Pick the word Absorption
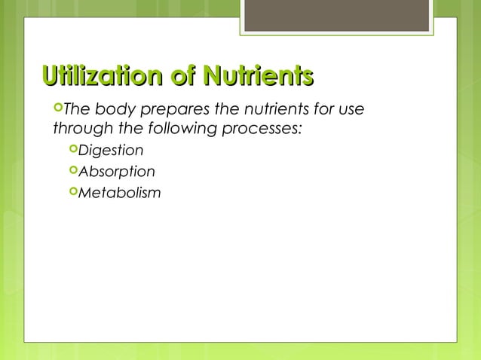117,172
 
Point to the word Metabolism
119,193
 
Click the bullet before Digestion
72,149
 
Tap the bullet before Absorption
72,171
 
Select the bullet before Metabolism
72,192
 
